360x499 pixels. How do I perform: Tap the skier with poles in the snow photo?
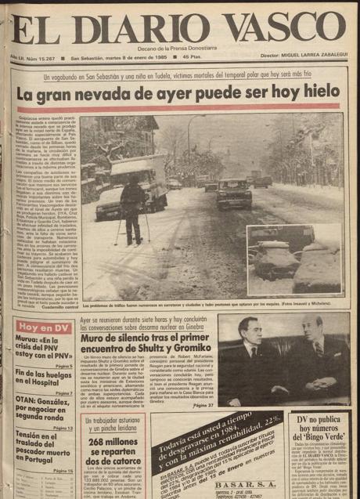click(x=132, y=207)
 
